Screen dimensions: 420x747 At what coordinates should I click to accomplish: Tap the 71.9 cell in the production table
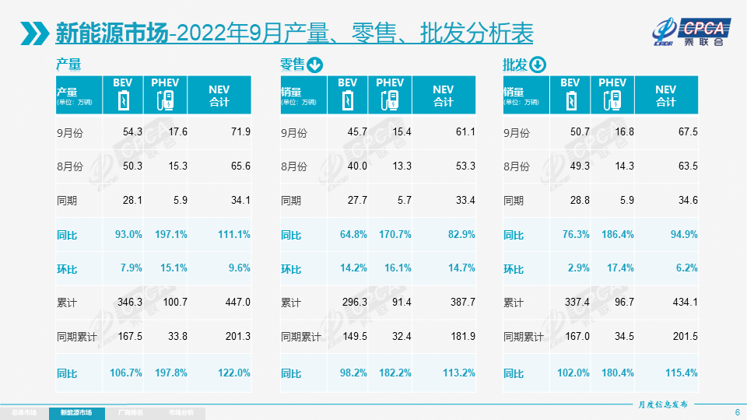237,132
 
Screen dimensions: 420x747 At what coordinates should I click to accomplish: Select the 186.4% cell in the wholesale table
617,235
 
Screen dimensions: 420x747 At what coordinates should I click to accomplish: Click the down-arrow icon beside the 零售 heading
315,65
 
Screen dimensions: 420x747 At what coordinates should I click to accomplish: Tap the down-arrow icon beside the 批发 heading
538,65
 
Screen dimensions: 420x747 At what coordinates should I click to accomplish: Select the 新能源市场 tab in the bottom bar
75,412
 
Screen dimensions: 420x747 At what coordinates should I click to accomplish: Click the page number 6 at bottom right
737,412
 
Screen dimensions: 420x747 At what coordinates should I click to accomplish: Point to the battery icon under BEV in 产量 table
124,101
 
